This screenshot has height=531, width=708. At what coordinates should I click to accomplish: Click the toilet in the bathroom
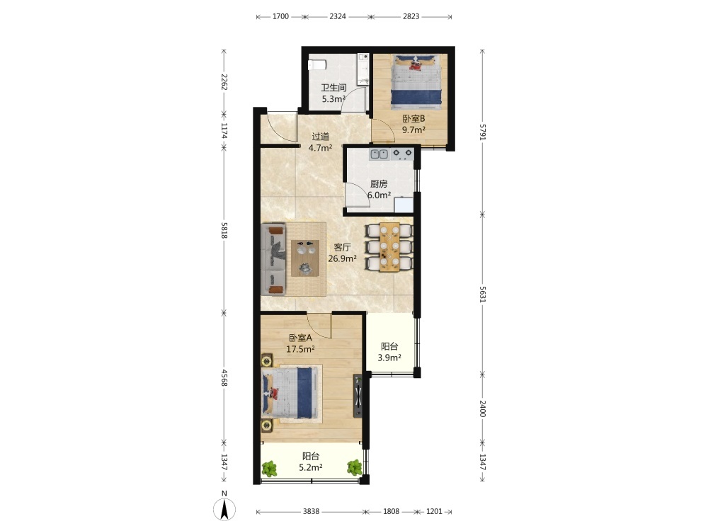[317, 64]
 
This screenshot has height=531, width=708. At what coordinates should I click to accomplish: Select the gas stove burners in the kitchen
[402, 154]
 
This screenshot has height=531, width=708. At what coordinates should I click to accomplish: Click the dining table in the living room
[389, 247]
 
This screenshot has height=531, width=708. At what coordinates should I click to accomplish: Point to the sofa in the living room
[273, 258]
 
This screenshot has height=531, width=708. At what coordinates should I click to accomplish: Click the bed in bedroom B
[416, 81]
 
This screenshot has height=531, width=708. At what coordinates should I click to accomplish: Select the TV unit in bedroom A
[358, 396]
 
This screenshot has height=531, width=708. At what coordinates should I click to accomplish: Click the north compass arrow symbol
[224, 509]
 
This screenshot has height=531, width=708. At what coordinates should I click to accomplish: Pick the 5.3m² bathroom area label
[333, 99]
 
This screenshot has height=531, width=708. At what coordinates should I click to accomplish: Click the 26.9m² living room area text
[342, 258]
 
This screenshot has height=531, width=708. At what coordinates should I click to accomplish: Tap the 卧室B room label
[414, 119]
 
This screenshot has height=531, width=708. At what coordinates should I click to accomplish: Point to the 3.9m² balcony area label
[389, 358]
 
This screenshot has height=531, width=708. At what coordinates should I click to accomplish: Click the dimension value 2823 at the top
[411, 17]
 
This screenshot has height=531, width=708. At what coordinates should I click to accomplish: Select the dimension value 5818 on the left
[224, 230]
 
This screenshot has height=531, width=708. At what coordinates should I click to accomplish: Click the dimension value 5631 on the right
[483, 295]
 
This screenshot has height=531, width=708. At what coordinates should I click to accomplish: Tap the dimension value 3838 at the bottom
[311, 512]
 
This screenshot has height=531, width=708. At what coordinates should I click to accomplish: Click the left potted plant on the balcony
[270, 469]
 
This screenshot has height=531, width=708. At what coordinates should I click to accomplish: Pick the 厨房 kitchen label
[379, 184]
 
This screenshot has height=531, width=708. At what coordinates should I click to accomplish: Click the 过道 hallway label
[321, 137]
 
